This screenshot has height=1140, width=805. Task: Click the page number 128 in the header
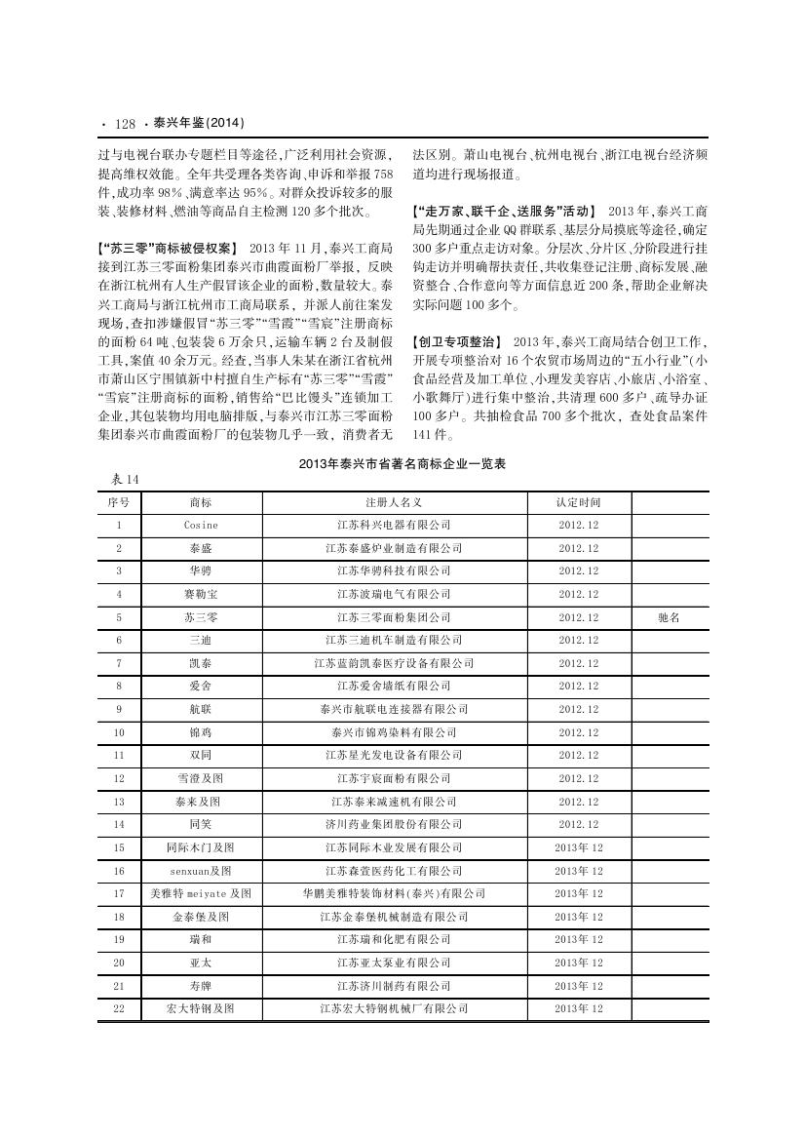coord(124,124)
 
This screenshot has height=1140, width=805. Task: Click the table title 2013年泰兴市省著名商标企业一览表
coord(402,465)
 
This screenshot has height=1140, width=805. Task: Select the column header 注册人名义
coord(394,502)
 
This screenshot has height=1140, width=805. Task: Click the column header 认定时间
coord(579,502)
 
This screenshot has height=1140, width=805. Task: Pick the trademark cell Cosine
coord(201,526)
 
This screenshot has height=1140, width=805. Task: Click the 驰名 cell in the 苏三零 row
coord(670,617)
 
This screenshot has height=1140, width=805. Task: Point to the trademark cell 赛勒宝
coord(201,594)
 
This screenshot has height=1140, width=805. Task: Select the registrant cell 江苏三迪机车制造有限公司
coord(394,641)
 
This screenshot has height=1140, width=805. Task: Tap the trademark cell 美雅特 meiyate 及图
coord(201,893)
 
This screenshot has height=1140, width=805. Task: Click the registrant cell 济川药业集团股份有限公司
coord(394,824)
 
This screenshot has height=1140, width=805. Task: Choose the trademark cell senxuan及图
coord(201,871)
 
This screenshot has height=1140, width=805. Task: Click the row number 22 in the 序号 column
coord(119,1008)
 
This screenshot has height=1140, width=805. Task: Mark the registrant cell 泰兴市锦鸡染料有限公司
coord(394,732)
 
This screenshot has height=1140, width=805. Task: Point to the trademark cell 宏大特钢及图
coord(201,1008)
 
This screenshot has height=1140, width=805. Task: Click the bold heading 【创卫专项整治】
coord(458,342)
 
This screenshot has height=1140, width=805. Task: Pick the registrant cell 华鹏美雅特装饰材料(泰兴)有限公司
coord(394,893)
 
